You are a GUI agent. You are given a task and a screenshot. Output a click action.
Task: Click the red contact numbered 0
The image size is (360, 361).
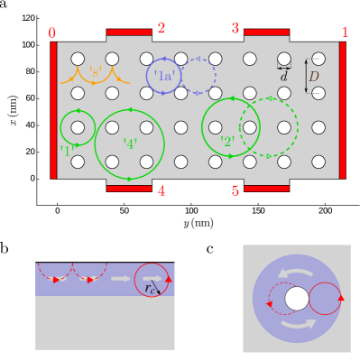(53, 109)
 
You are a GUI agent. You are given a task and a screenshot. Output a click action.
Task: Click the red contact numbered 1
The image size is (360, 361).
(344, 109)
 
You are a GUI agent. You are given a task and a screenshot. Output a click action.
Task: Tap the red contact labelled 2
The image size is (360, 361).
(129, 32)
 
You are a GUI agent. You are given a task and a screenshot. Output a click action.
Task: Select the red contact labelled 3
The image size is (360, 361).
(266, 32)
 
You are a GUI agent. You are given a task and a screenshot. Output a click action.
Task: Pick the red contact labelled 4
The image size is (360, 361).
(129, 189)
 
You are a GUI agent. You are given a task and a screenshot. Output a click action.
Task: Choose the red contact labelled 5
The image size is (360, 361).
(266, 189)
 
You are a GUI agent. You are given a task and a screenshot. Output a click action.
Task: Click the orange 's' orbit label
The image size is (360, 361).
(95, 72)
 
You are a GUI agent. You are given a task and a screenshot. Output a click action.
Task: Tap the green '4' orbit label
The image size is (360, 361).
(130, 142)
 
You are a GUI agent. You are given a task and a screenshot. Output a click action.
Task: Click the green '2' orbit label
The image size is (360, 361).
(227, 140)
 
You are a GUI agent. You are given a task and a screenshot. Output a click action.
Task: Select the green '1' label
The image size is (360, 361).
(66, 150)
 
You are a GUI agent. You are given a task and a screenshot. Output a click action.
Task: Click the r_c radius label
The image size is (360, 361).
(151, 289)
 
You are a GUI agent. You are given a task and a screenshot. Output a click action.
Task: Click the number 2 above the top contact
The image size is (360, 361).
(161, 28)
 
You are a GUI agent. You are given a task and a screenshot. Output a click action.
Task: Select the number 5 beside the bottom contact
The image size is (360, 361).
(235, 190)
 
